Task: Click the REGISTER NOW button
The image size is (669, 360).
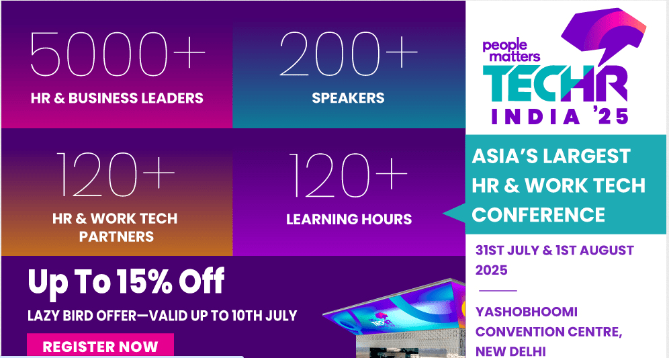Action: pyautogui.click(x=100, y=345)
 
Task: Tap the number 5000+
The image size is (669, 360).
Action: pyautogui.click(x=118, y=54)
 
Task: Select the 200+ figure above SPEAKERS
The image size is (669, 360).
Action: pyautogui.click(x=348, y=54)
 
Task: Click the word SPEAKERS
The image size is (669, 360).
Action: pyautogui.click(x=348, y=98)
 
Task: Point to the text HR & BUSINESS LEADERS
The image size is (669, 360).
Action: pyautogui.click(x=117, y=98)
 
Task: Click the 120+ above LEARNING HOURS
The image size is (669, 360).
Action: pyautogui.click(x=348, y=175)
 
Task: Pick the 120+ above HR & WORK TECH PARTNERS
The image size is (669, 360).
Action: pyautogui.click(x=116, y=174)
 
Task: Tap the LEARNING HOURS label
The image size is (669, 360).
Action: pyautogui.click(x=349, y=219)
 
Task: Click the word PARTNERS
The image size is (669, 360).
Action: pyautogui.click(x=116, y=236)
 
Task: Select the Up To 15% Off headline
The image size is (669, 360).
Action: pyautogui.click(x=126, y=281)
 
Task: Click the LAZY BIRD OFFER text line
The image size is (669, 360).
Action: pyautogui.click(x=162, y=316)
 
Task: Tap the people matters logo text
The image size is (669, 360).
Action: pyautogui.click(x=511, y=50)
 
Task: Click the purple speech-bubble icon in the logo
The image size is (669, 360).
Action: pyautogui.click(x=604, y=32)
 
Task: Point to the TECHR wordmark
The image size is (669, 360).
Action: pyautogui.click(x=555, y=84)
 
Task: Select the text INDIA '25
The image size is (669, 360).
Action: pyautogui.click(x=560, y=116)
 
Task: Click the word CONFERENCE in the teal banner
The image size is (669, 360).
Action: pyautogui.click(x=539, y=215)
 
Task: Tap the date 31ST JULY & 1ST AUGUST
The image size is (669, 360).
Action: pyautogui.click(x=555, y=250)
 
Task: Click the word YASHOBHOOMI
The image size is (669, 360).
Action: pyautogui.click(x=527, y=312)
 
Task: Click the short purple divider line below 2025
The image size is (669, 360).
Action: pyautogui.click(x=498, y=290)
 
